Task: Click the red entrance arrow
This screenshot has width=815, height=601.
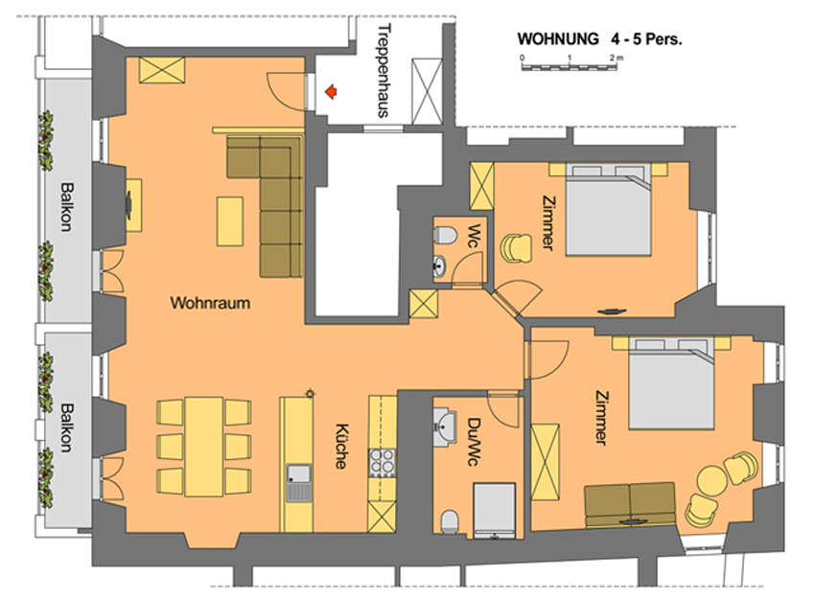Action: tap(331, 92)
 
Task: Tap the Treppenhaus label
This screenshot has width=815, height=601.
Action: tap(384, 71)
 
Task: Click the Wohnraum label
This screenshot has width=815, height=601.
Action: tap(210, 303)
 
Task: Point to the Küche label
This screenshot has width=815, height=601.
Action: tap(341, 447)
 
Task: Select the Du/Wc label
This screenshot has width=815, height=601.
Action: tap(473, 442)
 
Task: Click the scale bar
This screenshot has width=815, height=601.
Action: tap(570, 66)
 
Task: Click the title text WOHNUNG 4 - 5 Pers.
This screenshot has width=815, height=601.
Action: tap(599, 39)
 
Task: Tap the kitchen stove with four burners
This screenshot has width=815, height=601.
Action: tap(382, 463)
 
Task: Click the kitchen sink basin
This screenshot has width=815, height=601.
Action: tap(299, 474)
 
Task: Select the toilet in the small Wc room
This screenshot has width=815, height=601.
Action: tap(444, 235)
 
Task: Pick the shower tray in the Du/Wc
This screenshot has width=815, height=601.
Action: tap(494, 510)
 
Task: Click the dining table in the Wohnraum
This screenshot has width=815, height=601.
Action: tap(203, 447)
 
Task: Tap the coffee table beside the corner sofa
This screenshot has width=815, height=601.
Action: tap(230, 221)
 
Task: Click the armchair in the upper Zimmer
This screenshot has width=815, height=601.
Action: tap(516, 247)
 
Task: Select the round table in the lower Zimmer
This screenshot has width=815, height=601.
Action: tap(711, 479)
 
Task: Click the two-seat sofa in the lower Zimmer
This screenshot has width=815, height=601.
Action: tap(630, 505)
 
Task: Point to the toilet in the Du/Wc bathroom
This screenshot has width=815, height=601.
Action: tap(450, 521)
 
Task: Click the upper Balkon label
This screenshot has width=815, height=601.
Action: tap(66, 206)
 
